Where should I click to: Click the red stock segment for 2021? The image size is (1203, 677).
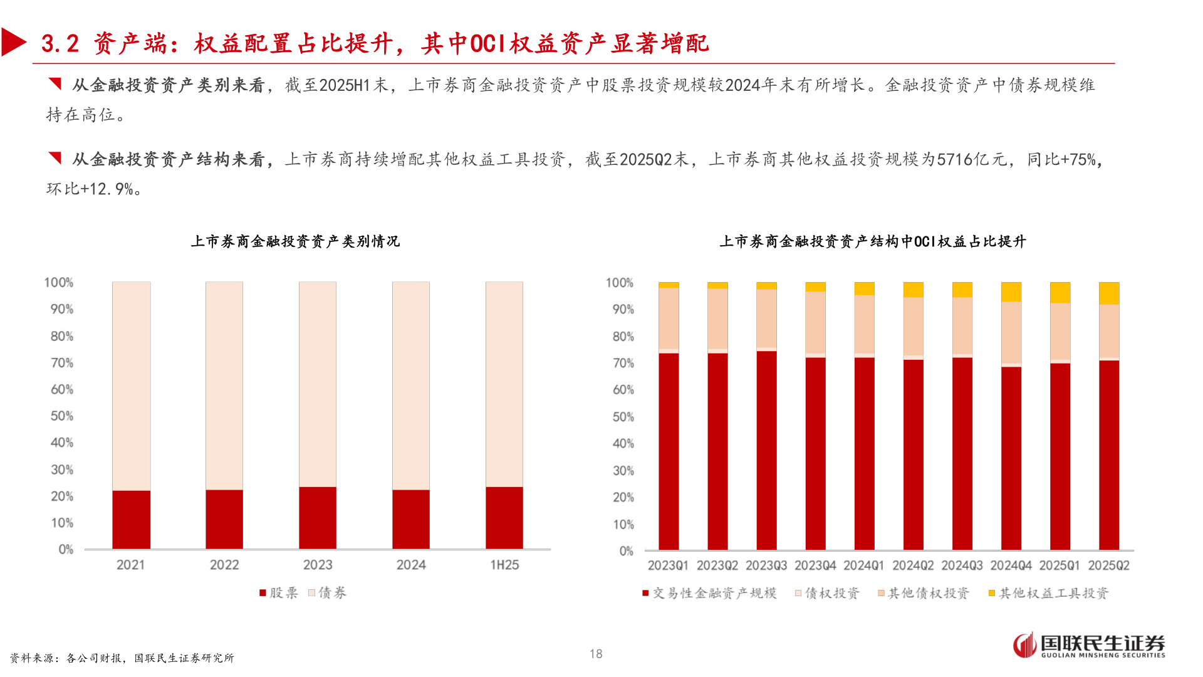coord(131,520)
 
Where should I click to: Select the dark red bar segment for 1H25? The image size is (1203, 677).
coord(504,518)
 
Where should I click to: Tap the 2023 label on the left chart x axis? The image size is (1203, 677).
coord(318,565)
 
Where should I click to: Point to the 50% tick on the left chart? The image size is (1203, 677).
coord(62,416)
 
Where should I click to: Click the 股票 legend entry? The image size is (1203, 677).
coord(279,593)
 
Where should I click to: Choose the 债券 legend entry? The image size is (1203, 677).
coord(328,593)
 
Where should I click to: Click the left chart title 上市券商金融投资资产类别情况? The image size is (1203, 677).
coord(295,241)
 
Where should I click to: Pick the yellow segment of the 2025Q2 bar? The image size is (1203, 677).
coord(1108,293)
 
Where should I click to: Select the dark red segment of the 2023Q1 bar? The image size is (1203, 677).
coord(669,451)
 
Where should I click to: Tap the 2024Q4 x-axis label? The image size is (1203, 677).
coord(1011,565)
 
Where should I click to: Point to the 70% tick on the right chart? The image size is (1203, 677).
coord(623,363)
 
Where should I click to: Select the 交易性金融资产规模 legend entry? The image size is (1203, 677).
coord(709,593)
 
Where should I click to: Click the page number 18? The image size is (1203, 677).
coord(596,654)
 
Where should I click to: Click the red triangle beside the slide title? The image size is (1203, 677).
coord(13,43)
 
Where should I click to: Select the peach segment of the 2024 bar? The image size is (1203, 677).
coord(411,386)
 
